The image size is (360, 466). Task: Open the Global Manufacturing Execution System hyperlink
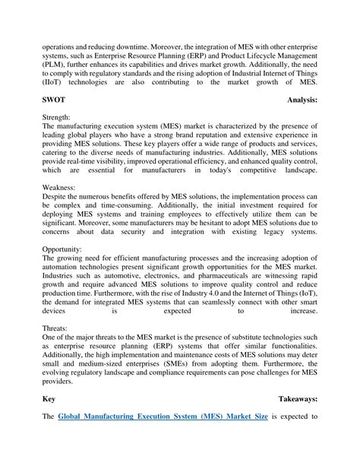163,417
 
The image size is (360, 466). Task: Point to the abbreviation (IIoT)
55,82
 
